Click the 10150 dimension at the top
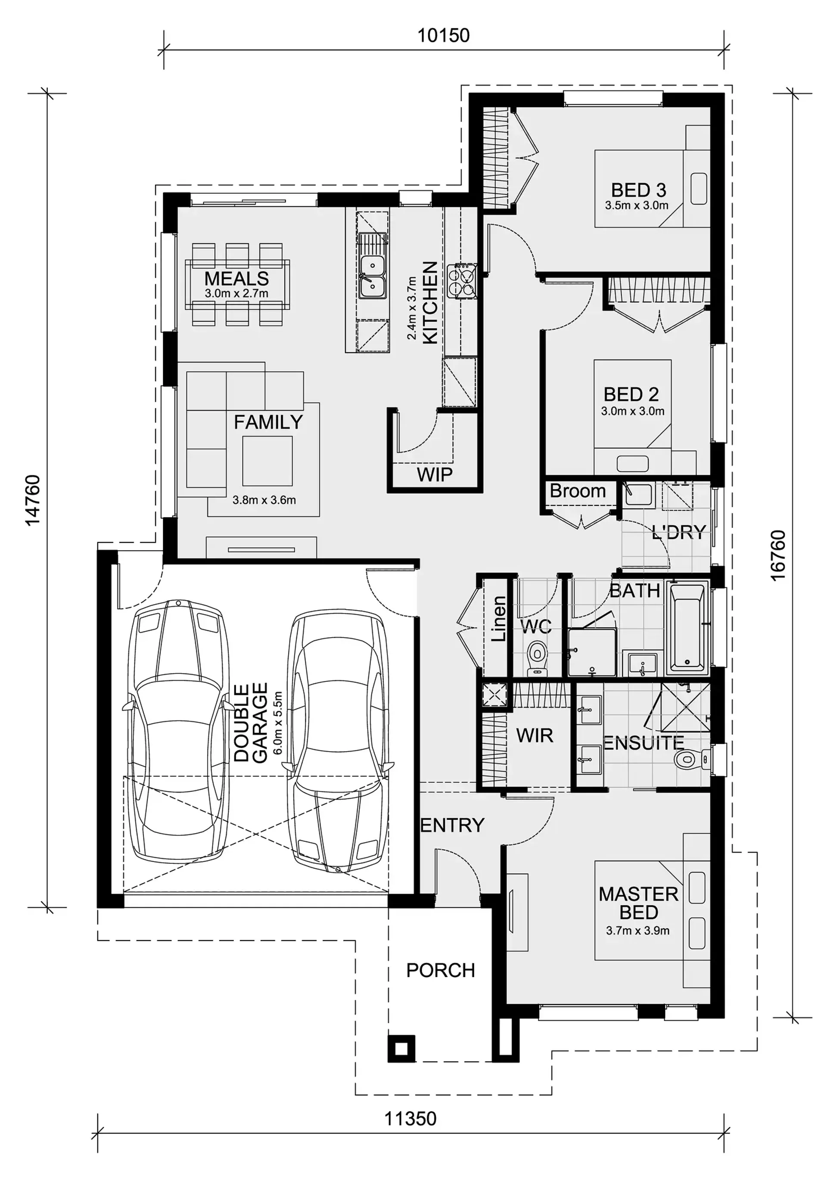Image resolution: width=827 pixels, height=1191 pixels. tap(444, 35)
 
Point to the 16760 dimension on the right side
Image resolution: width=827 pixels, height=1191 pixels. tap(778, 555)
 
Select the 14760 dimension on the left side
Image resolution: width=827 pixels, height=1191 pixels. tap(33, 500)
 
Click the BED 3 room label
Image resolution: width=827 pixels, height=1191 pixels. tap(638, 190)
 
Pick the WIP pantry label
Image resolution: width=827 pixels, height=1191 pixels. tap(435, 475)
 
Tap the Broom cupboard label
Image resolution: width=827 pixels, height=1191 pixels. tap(578, 490)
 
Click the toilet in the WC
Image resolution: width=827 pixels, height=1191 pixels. tap(538, 658)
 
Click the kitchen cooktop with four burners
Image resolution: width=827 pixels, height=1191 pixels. tap(462, 281)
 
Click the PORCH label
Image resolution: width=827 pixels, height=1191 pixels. tap(441, 970)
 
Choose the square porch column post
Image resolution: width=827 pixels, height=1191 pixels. tap(401, 1049)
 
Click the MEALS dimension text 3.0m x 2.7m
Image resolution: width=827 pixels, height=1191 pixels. tap(237, 294)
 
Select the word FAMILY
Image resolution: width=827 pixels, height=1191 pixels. tap(268, 422)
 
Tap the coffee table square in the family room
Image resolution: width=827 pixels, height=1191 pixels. tap(267, 461)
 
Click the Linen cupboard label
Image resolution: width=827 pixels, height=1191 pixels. tap(498, 619)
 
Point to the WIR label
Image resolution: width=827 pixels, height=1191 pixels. tap(535, 735)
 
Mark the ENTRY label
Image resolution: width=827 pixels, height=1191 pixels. tap(452, 825)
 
